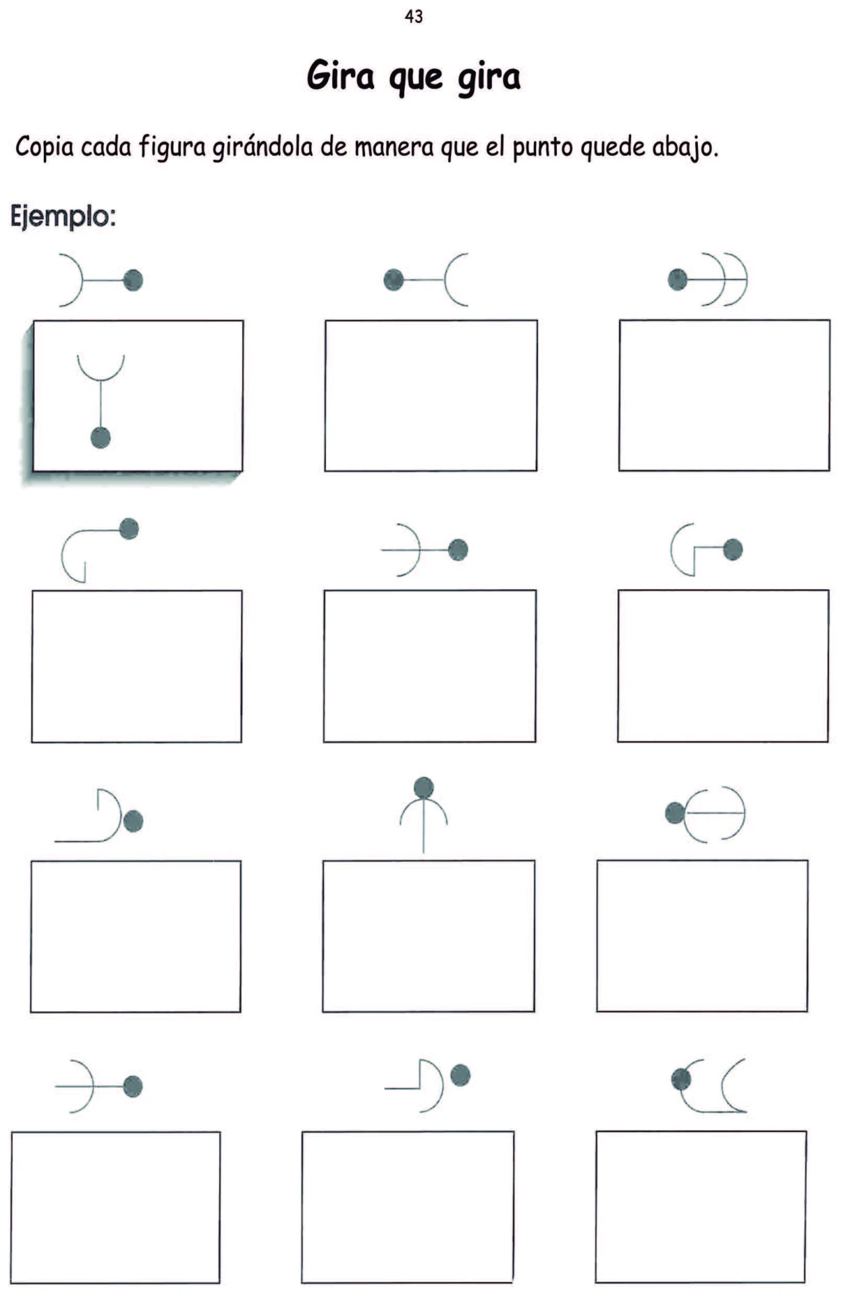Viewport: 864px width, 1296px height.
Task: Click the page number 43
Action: [414, 16]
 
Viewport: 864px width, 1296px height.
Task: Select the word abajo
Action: [682, 147]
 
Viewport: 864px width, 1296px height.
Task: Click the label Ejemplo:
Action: [63, 217]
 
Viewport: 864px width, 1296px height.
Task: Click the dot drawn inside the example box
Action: [101, 437]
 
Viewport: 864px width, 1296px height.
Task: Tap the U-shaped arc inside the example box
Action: [101, 369]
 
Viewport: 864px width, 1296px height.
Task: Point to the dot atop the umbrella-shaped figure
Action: [424, 787]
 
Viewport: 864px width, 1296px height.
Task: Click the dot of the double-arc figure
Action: [677, 279]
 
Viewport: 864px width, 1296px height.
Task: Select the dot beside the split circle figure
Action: [675, 813]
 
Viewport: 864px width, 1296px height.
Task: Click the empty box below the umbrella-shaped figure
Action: [429, 936]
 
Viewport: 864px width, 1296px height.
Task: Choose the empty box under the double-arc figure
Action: [724, 395]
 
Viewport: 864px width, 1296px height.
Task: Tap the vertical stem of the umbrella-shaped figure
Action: [424, 825]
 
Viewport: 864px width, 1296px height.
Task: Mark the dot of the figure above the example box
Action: [133, 279]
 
